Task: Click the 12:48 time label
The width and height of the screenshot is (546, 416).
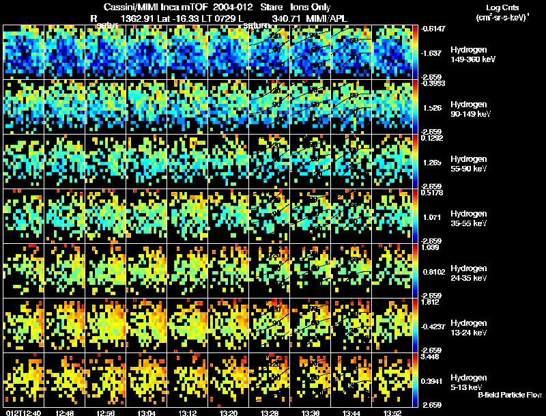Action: tap(65, 413)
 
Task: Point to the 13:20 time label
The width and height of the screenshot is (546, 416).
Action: tap(229, 413)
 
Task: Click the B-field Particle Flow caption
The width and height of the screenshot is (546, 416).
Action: tap(509, 395)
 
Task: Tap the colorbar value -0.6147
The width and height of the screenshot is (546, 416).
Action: tap(434, 29)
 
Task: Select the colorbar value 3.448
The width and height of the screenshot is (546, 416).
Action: tap(434, 357)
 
